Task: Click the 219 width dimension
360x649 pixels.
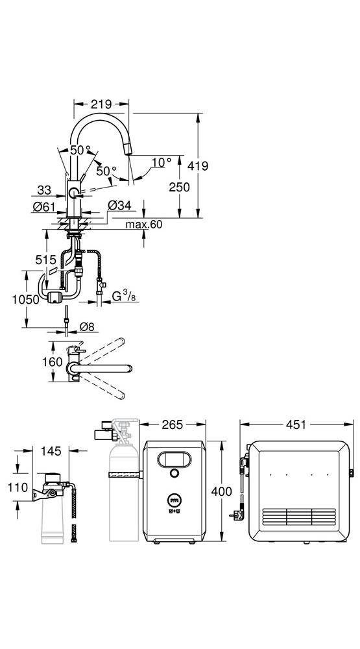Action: [x=101, y=104]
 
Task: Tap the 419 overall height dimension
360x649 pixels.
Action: [x=198, y=166]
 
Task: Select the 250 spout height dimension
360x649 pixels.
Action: [x=179, y=187]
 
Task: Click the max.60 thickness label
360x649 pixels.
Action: [x=144, y=225]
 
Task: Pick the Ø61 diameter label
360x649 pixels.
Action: [x=44, y=206]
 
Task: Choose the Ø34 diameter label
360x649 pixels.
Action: [x=119, y=205]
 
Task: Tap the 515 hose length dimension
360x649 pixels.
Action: [x=45, y=260]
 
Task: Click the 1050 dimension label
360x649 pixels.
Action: [x=26, y=299]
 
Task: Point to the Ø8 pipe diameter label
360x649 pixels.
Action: [x=86, y=326]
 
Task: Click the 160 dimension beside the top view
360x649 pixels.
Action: [x=52, y=361]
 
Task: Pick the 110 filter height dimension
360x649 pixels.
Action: [x=18, y=487]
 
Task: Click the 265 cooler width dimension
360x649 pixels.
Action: [x=173, y=424]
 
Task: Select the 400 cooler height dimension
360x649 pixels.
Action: [x=222, y=491]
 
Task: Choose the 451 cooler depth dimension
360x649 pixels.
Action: [x=296, y=424]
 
